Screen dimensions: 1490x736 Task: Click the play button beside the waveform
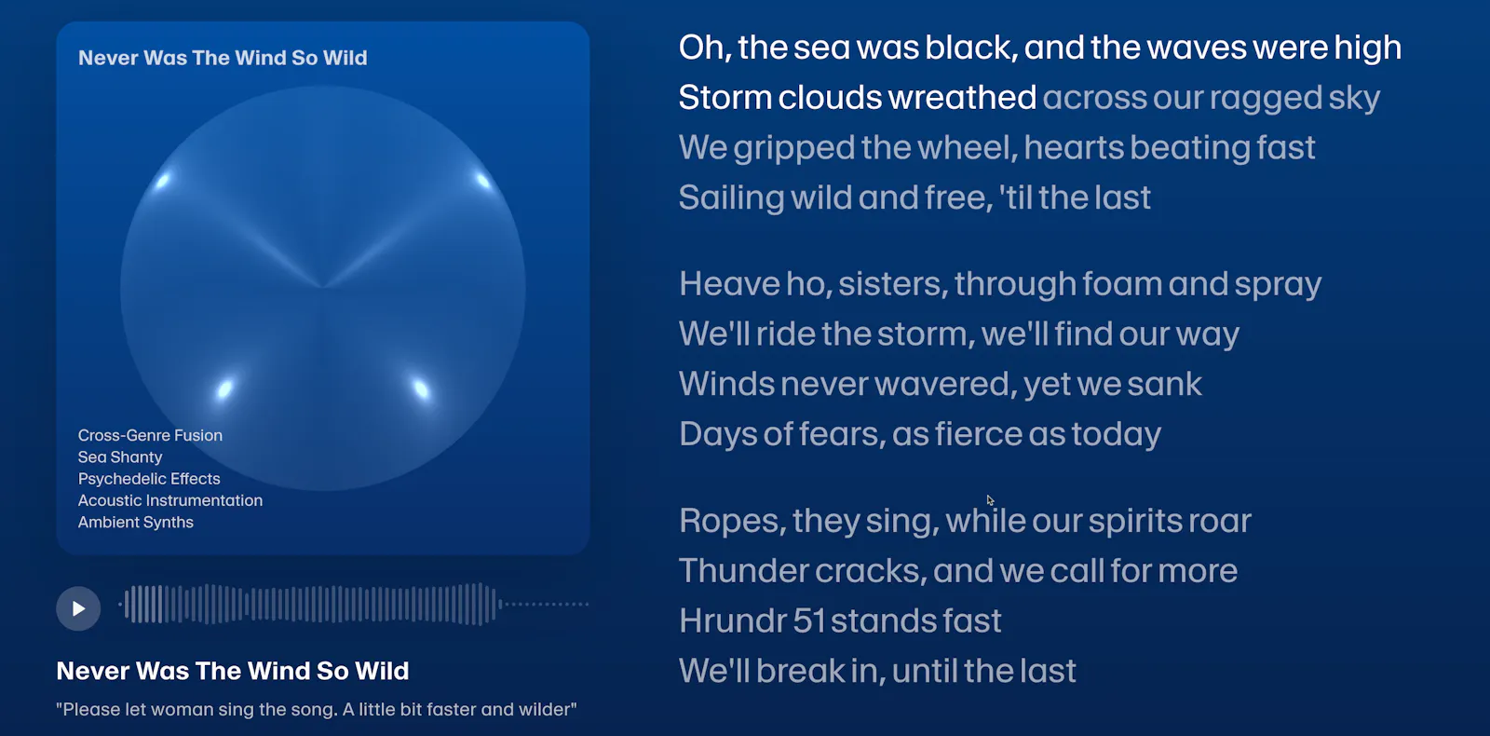coord(78,608)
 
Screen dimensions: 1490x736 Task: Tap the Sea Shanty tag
coord(120,457)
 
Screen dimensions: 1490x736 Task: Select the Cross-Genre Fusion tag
coord(150,435)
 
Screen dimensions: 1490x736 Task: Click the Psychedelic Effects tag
coord(149,479)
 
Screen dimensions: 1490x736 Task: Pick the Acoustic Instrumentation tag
coord(170,500)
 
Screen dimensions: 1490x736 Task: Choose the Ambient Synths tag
coord(136,523)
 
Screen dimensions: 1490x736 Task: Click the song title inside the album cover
coord(223,58)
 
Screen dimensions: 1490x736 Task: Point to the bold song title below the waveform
coord(233,671)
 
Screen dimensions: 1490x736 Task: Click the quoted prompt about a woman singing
coord(317,709)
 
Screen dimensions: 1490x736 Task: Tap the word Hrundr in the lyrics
coord(733,620)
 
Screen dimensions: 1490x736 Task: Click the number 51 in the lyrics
coord(809,620)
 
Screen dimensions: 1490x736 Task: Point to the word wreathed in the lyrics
coord(962,98)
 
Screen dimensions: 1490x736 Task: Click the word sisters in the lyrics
coord(893,284)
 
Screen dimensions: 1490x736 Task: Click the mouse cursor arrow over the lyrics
coord(991,500)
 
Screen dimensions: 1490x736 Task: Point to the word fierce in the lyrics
coord(979,434)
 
